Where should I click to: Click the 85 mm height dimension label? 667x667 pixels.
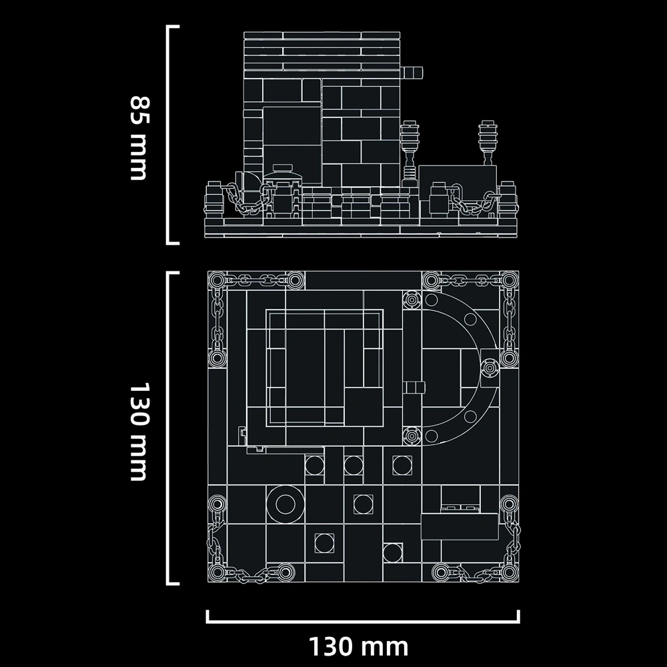(140, 138)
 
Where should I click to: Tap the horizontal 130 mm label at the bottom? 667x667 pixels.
(358, 647)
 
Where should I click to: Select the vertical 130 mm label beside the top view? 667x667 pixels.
(140, 432)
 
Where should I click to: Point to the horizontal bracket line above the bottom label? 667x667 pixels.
(363, 621)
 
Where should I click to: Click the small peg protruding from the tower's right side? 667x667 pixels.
(412, 72)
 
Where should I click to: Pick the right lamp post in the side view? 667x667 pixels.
(488, 143)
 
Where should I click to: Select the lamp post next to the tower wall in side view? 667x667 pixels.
(410, 153)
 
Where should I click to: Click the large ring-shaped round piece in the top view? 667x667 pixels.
(285, 504)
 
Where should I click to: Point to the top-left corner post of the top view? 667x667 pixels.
(217, 280)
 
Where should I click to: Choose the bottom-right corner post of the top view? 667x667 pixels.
(509, 573)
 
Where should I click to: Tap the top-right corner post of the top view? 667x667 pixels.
(509, 280)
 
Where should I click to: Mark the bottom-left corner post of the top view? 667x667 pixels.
(217, 573)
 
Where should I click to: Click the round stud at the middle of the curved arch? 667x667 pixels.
(489, 368)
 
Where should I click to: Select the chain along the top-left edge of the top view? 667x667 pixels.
(256, 280)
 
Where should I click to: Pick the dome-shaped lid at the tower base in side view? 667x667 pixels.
(282, 173)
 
